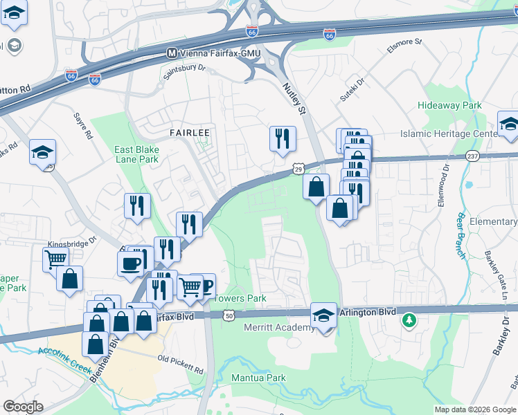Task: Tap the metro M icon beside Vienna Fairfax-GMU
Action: pos(172,53)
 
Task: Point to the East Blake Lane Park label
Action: pos(136,154)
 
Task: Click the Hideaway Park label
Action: pos(449,106)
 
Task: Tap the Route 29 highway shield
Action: pos(297,168)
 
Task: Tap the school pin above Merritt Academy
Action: pos(323,316)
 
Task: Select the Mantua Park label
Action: pos(258,378)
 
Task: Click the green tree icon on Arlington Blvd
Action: pos(410,320)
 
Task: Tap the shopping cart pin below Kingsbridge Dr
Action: pos(55,260)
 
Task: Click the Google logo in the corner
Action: pos(23,407)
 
